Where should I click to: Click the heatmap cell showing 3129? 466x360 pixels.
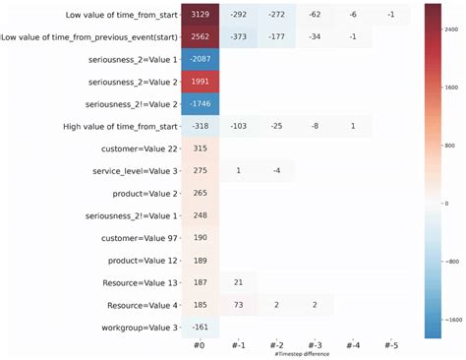pos(200,15)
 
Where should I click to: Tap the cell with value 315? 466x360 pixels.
pos(200,149)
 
